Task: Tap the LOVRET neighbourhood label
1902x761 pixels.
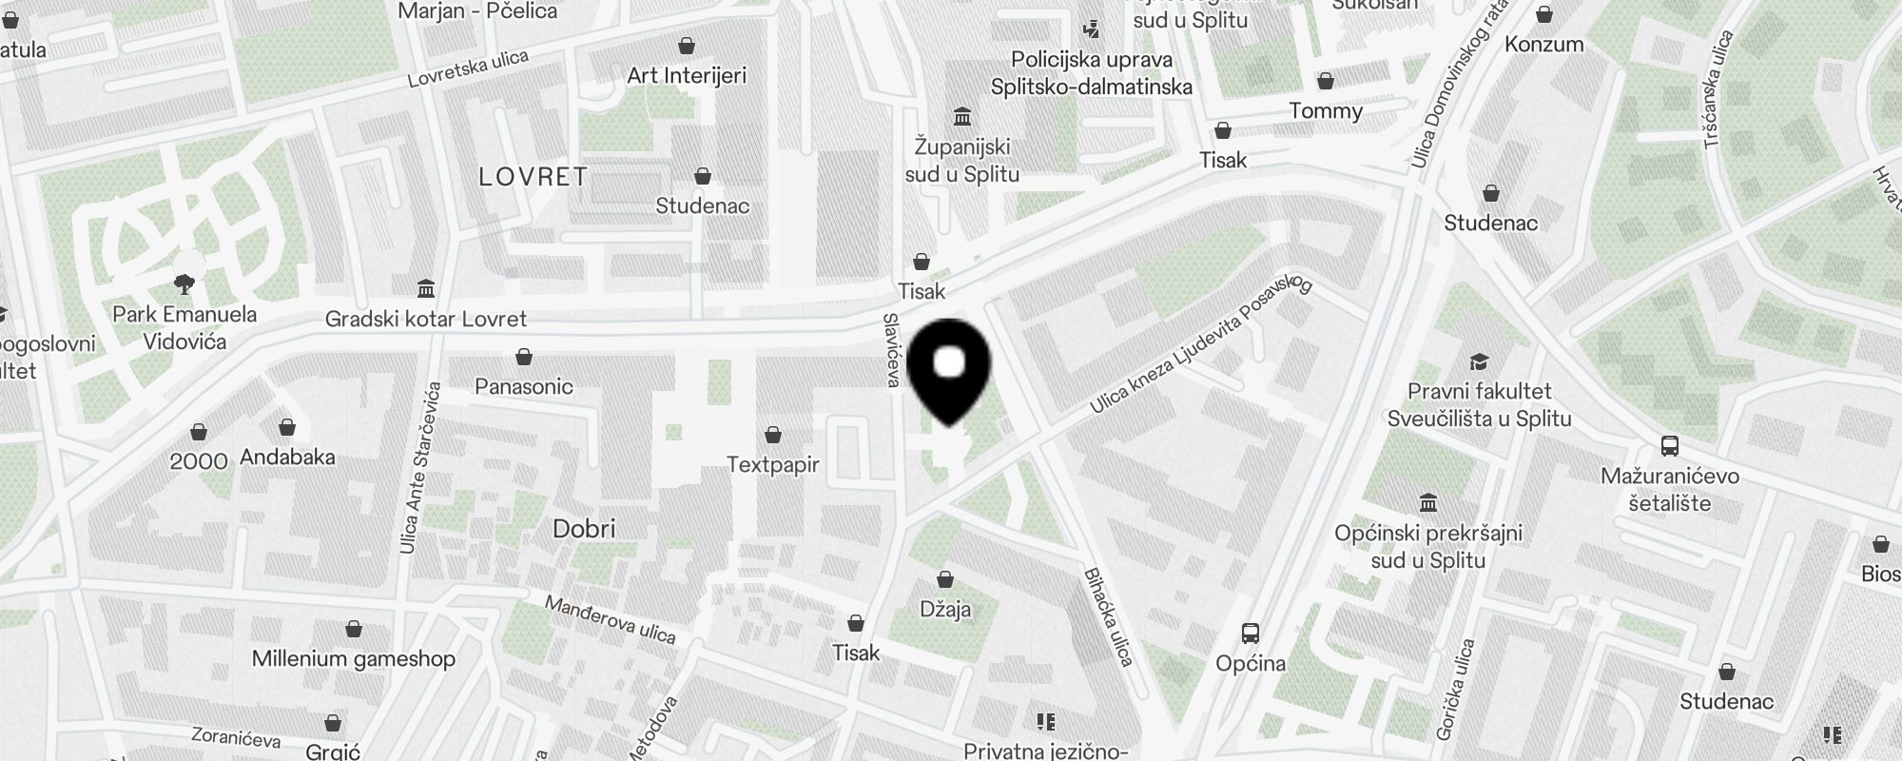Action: tap(533, 177)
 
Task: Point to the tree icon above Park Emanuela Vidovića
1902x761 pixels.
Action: tap(184, 283)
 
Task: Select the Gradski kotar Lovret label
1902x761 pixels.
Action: tap(425, 319)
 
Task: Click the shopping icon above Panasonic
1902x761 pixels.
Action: tap(523, 358)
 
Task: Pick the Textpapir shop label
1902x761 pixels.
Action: tap(772, 465)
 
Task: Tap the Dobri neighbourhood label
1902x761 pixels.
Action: tap(584, 529)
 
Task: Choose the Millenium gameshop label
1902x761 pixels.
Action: tap(353, 658)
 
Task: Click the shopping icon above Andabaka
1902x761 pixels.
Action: tap(287, 428)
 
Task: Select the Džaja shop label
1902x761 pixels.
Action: tap(945, 609)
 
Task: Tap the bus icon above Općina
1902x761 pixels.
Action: tap(1251, 633)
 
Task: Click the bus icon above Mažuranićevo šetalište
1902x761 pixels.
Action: tap(1669, 445)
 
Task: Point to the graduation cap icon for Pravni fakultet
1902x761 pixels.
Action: tap(1479, 361)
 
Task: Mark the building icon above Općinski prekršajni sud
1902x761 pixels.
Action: tap(1427, 502)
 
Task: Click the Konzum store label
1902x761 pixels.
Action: tap(1543, 44)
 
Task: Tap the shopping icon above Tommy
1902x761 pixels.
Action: tap(1325, 81)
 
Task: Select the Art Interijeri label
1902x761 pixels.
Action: tap(687, 75)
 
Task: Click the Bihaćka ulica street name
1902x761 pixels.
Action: tap(1108, 616)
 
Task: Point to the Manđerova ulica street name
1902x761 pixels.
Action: tap(610, 619)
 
